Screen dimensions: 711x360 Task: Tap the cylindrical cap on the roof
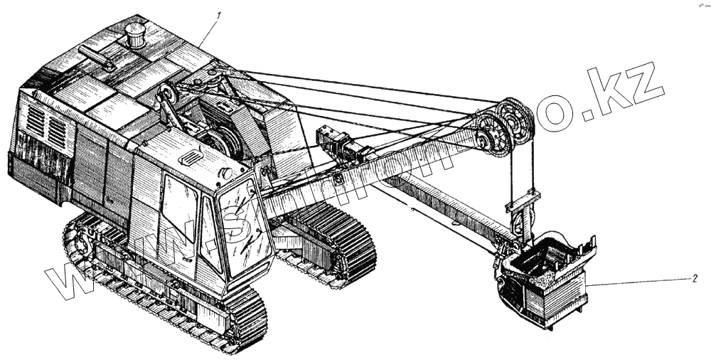pos(134,35)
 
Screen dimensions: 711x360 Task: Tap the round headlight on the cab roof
pos(226,173)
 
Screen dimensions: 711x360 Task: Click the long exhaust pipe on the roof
pos(96,58)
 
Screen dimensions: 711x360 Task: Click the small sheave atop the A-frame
pos(168,95)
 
